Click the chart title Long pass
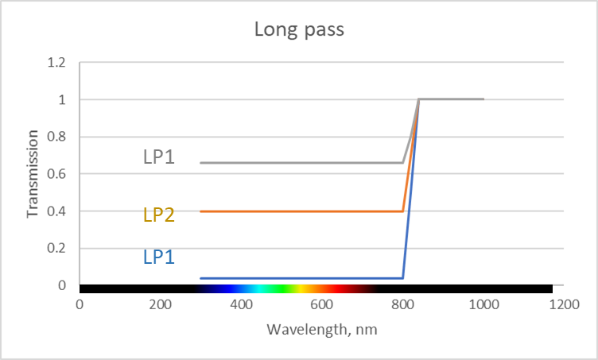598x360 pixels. [298, 30]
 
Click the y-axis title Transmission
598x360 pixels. [33, 174]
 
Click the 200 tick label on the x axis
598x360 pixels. [160, 305]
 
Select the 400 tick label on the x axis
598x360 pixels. [241, 305]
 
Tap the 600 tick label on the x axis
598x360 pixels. [321, 305]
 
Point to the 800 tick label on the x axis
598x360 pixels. [402, 305]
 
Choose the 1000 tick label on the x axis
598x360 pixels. [483, 305]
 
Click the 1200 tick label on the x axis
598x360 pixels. [564, 305]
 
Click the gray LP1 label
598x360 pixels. [159, 157]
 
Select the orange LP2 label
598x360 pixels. [159, 215]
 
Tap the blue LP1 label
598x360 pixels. [159, 257]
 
